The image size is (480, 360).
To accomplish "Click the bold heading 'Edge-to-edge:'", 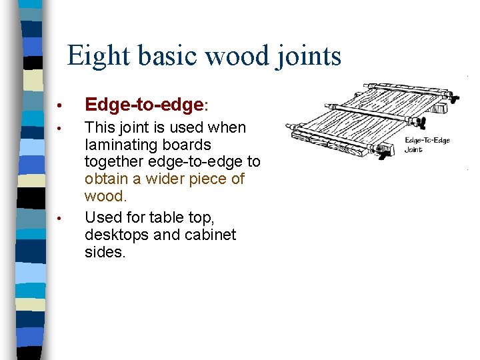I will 147,105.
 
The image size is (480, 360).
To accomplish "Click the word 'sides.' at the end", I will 105,252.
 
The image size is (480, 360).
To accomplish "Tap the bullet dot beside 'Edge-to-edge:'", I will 59,105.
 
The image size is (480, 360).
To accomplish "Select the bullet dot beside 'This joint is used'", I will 59,128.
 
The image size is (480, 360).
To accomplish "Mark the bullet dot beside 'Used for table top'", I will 59,218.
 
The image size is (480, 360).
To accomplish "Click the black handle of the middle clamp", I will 421,123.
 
